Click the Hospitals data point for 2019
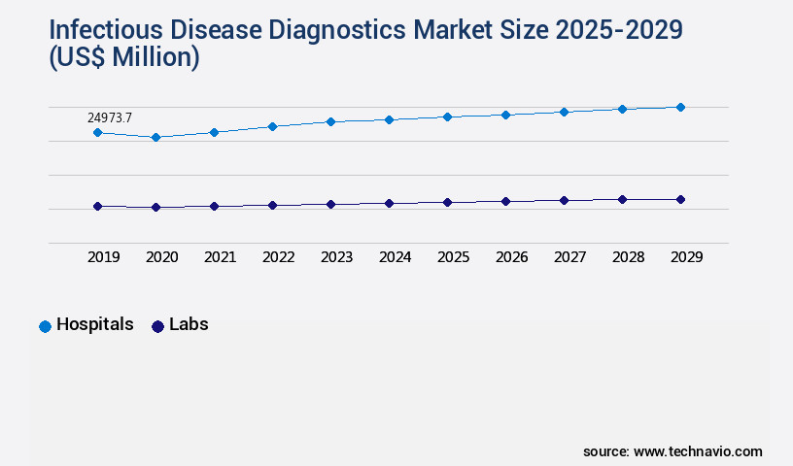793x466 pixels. pyautogui.click(x=97, y=132)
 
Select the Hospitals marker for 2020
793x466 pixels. pyautogui.click(x=155, y=138)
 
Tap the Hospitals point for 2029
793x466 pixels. pyautogui.click(x=680, y=107)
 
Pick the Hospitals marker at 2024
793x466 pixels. pyautogui.click(x=389, y=119)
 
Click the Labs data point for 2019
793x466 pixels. pyautogui.click(x=97, y=206)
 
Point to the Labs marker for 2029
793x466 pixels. pyautogui.click(x=680, y=199)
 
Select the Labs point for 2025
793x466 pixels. pyautogui.click(x=447, y=202)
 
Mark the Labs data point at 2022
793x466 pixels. pyautogui.click(x=272, y=205)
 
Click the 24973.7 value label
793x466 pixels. pyautogui.click(x=110, y=117)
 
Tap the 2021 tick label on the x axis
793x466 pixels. pyautogui.click(x=220, y=257)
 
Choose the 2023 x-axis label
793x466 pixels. pyautogui.click(x=336, y=257)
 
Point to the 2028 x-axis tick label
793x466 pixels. pyautogui.click(x=628, y=257)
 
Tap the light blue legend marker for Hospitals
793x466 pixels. pyautogui.click(x=45, y=326)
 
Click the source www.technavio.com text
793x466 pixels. pyautogui.click(x=672, y=451)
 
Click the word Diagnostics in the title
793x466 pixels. pyautogui.click(x=342, y=29)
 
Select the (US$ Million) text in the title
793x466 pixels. pyautogui.click(x=123, y=57)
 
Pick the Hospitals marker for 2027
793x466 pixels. pyautogui.click(x=564, y=112)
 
